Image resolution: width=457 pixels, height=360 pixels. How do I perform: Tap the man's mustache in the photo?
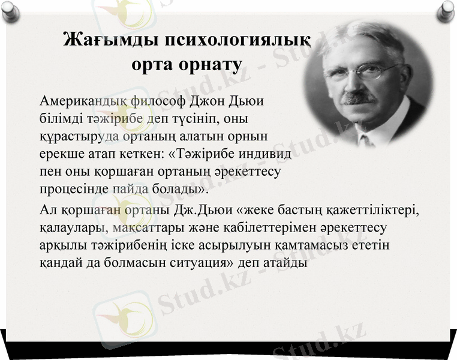point(358,96)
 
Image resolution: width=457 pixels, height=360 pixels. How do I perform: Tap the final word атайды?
point(288,263)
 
